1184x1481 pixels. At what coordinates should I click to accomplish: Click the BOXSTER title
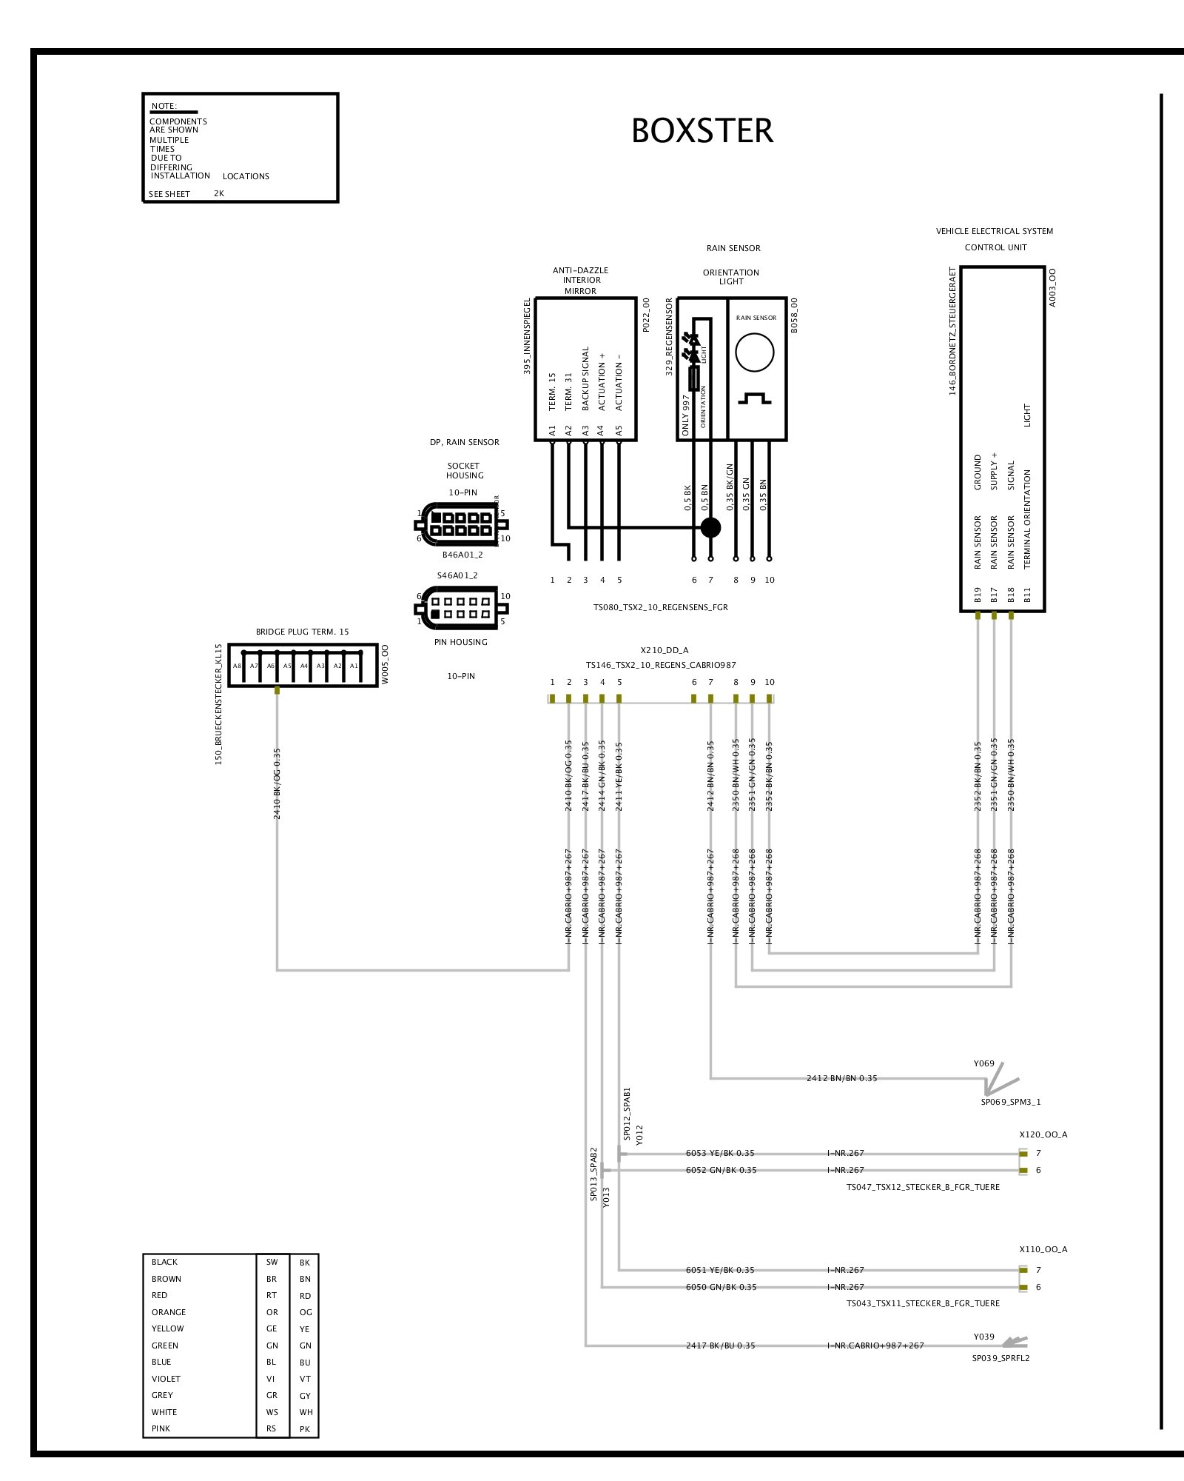click(x=702, y=131)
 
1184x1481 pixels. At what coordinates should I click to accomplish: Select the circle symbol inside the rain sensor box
click(x=754, y=352)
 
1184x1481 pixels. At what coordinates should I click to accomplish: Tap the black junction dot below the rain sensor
click(x=710, y=527)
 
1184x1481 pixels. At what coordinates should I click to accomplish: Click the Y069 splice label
click(x=983, y=1063)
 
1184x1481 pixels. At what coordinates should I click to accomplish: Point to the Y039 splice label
click(x=983, y=1337)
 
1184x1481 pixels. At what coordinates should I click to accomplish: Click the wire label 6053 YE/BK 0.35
click(x=720, y=1153)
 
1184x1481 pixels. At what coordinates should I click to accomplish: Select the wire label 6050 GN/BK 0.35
click(x=721, y=1287)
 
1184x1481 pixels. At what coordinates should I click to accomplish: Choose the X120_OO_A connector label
click(x=1043, y=1134)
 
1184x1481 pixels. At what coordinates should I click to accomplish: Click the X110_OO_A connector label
click(x=1043, y=1249)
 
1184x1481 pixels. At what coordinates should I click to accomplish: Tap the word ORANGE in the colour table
click(x=169, y=1312)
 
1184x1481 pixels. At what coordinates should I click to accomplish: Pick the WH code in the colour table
click(x=306, y=1412)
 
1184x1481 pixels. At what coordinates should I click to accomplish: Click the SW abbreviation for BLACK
click(x=272, y=1262)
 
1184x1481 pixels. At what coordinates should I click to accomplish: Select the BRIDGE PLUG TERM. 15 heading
click(x=302, y=632)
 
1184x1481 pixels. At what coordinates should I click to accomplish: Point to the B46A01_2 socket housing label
click(x=462, y=555)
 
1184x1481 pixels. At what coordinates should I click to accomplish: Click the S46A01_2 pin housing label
click(x=457, y=575)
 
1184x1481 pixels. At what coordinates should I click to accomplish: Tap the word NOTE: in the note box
click(x=164, y=106)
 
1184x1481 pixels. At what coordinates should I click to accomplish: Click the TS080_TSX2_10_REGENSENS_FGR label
click(x=660, y=607)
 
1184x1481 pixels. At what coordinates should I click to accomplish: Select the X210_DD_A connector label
click(x=664, y=650)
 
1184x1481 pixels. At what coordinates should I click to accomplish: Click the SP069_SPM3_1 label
click(x=1010, y=1102)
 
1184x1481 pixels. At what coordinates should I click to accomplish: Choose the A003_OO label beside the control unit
click(x=1053, y=287)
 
